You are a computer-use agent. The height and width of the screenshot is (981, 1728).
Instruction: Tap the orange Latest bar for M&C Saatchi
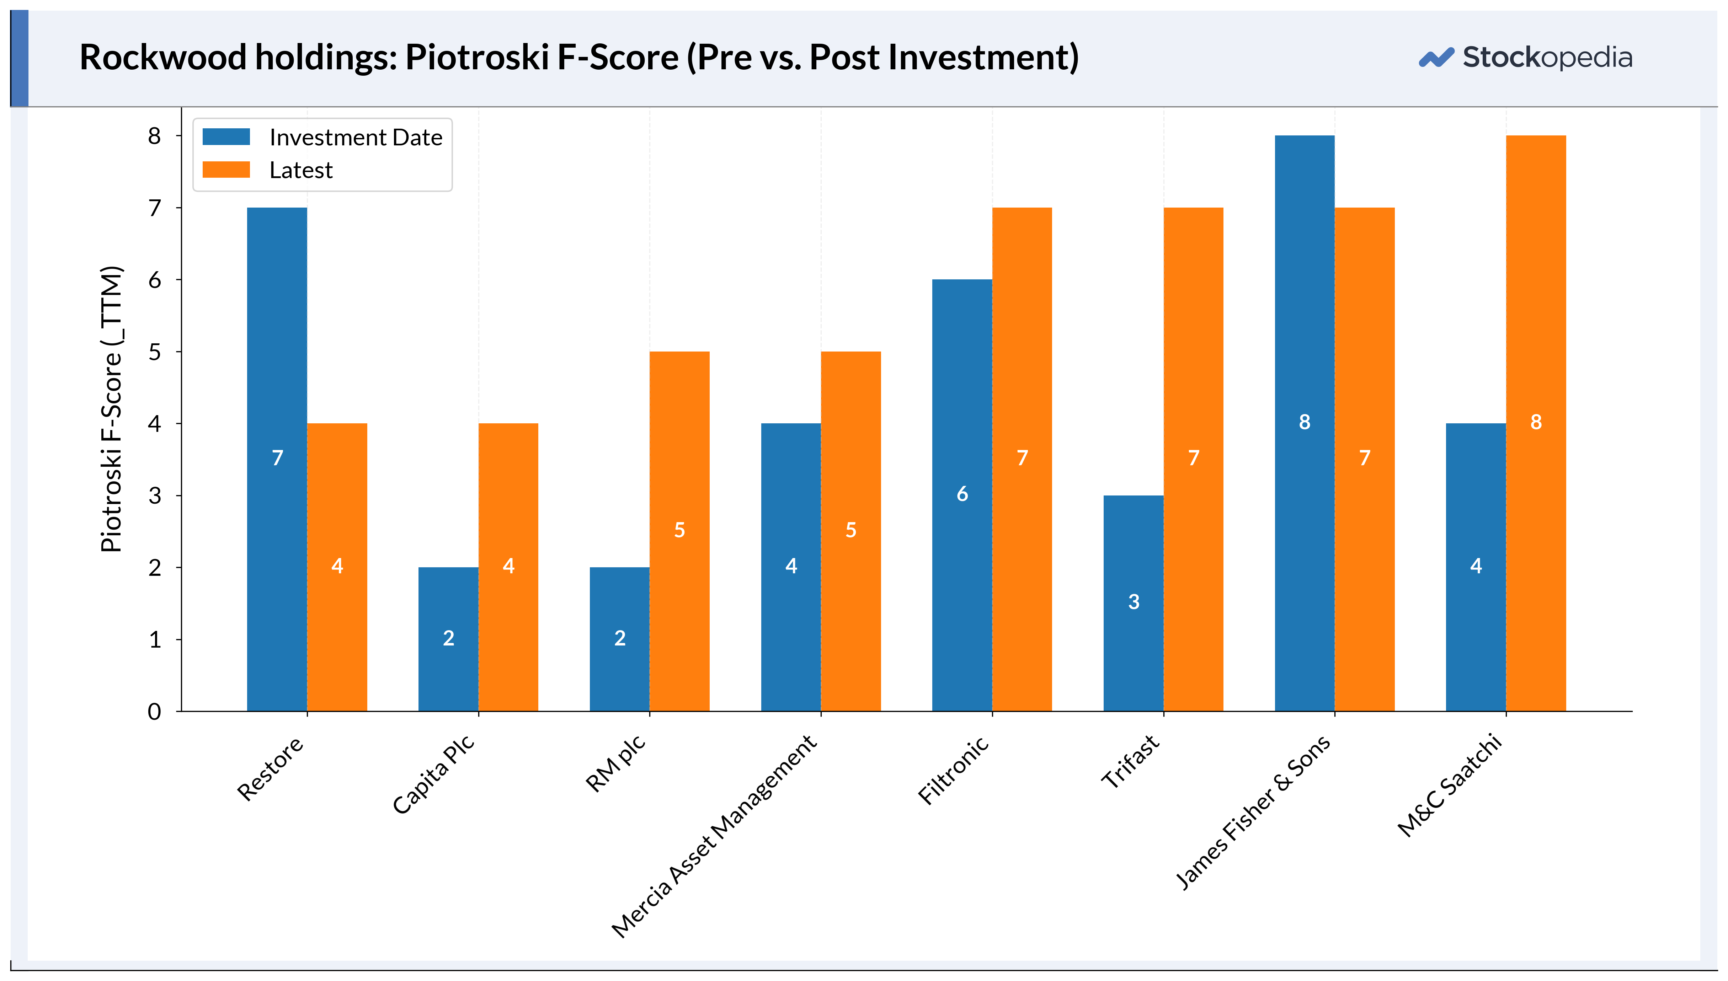pyautogui.click(x=1536, y=423)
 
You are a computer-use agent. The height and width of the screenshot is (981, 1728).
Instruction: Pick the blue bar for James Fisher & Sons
pyautogui.click(x=1305, y=423)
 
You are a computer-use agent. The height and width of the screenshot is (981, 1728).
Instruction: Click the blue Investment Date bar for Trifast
pyautogui.click(x=1134, y=603)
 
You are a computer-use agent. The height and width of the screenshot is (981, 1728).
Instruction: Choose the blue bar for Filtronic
pyautogui.click(x=962, y=495)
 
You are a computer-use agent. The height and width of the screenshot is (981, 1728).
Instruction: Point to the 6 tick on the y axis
pyautogui.click(x=178, y=280)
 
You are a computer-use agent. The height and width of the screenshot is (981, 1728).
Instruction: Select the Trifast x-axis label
pyautogui.click(x=1130, y=761)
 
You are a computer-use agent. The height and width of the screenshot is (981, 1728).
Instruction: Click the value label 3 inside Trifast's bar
pyautogui.click(x=1134, y=602)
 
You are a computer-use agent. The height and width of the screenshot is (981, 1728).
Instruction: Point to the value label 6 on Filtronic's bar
pyautogui.click(x=962, y=494)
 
